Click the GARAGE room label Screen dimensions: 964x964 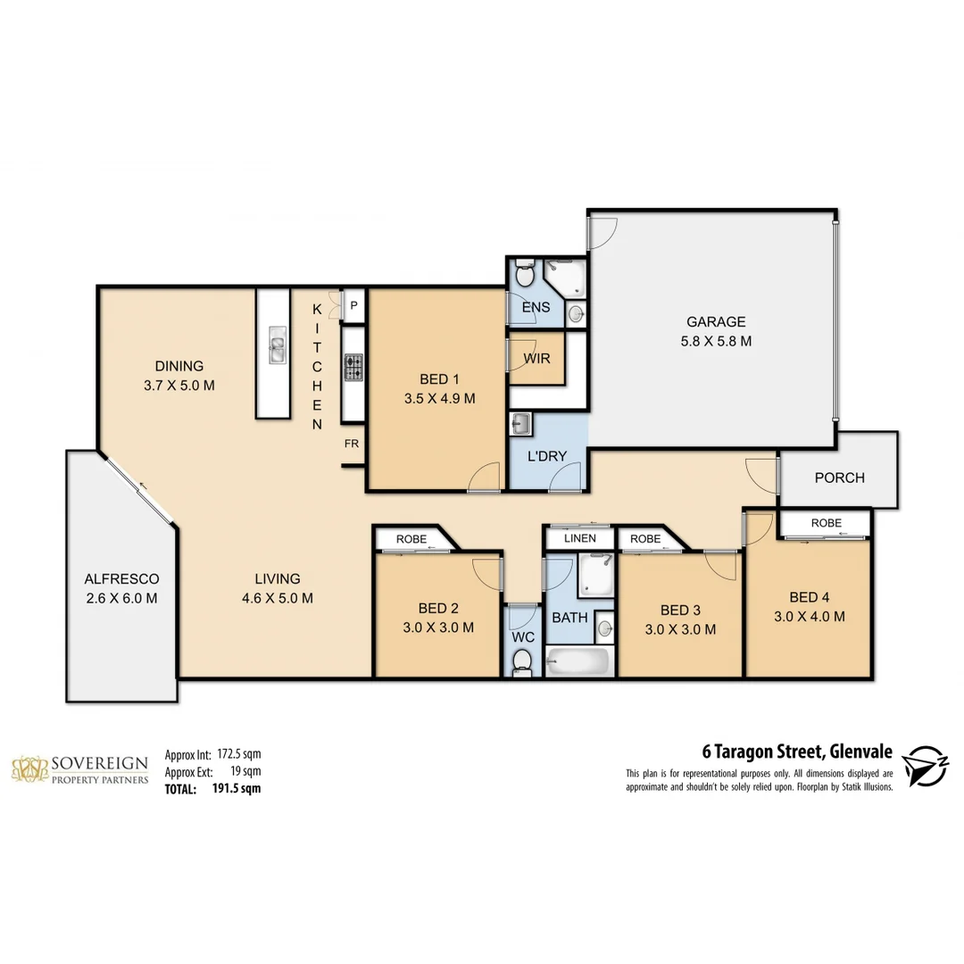(x=715, y=322)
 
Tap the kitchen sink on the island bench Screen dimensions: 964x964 (x=276, y=345)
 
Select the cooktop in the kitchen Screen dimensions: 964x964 (x=353, y=366)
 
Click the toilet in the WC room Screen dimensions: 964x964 (x=522, y=660)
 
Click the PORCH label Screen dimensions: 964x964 (x=839, y=478)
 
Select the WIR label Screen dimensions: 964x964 (x=536, y=360)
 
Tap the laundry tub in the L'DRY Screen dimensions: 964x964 (x=520, y=423)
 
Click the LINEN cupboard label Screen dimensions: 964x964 (x=579, y=539)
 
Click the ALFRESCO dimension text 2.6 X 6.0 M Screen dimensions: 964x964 (x=120, y=598)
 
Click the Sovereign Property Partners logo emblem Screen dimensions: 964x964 (x=29, y=769)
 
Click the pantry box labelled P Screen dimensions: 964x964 (x=354, y=305)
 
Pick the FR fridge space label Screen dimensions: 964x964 (x=353, y=443)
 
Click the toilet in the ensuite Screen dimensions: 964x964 (x=525, y=276)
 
